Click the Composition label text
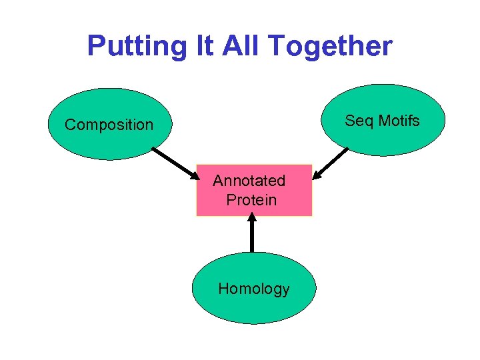click(109, 125)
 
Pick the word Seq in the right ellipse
click(359, 121)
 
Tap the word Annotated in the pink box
click(249, 181)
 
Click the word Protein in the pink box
click(251, 199)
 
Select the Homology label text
click(254, 289)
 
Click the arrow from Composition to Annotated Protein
click(175, 164)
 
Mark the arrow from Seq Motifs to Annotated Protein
click(333, 162)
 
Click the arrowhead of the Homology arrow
click(252, 217)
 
